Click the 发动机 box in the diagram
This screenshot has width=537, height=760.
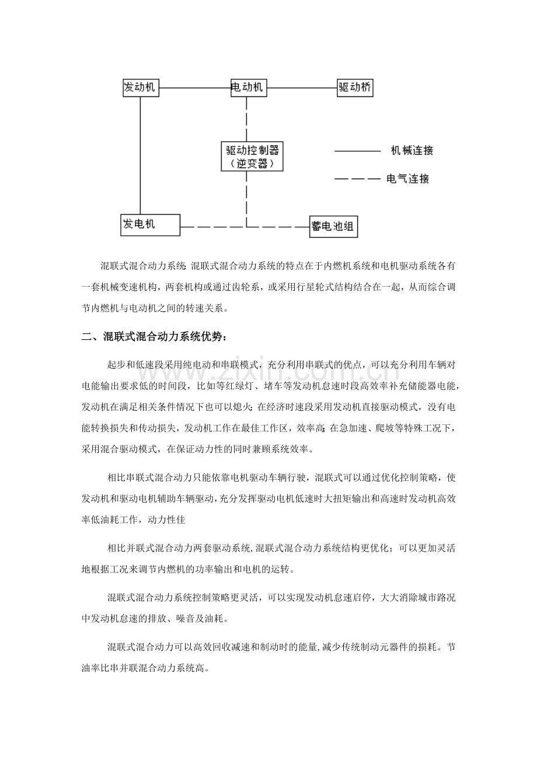[140, 88]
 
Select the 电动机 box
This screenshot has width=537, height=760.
[247, 88]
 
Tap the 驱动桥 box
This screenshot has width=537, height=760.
[355, 88]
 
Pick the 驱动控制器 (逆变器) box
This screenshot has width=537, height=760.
[252, 156]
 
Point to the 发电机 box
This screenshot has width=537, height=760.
[150, 224]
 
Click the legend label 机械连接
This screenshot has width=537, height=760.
[412, 151]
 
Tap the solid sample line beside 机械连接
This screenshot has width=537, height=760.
[357, 151]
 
